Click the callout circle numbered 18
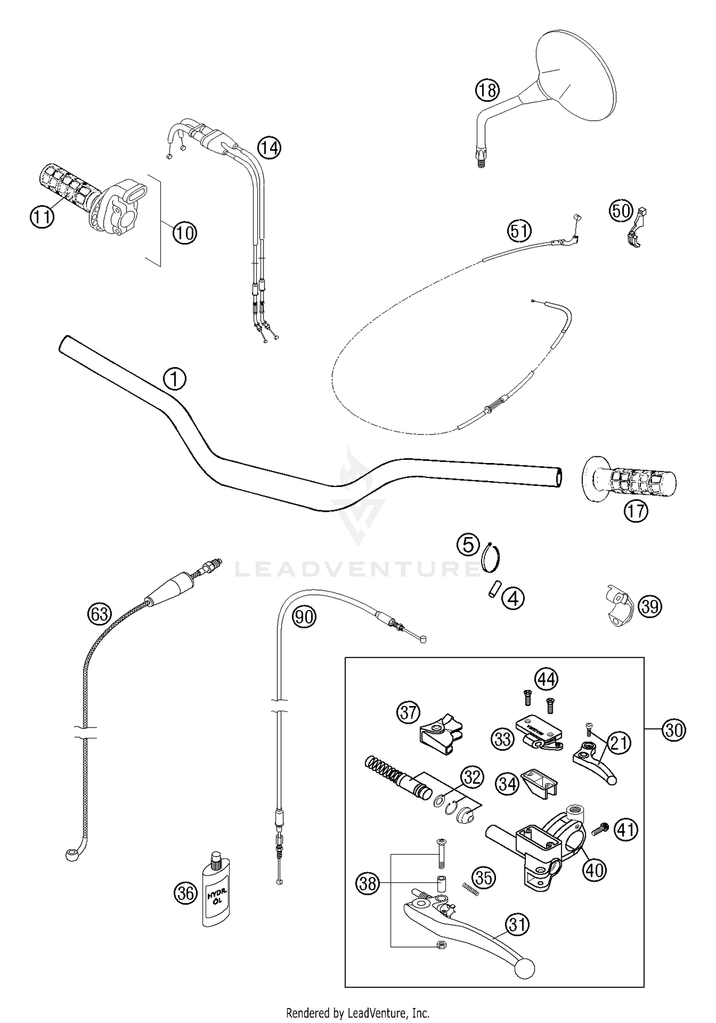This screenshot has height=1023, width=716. coord(487,90)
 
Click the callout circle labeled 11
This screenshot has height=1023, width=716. coord(42,217)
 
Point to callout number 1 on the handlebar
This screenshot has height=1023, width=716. coord(175,380)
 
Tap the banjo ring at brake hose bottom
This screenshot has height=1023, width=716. coord(72,854)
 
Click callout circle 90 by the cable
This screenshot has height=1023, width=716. coord(304,617)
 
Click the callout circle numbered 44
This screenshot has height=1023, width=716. coord(546,678)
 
